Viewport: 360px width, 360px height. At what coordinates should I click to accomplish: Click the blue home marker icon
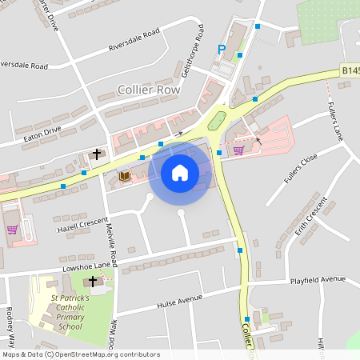tap(179, 172)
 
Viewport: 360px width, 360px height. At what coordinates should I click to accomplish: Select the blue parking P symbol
tap(222, 50)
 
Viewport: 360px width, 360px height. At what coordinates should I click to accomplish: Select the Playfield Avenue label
tap(318, 280)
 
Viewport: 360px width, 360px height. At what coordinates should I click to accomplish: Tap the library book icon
tap(124, 175)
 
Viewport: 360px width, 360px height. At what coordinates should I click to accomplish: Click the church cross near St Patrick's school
tap(92, 282)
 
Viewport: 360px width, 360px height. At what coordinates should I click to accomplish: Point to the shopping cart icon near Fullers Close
tap(238, 150)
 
